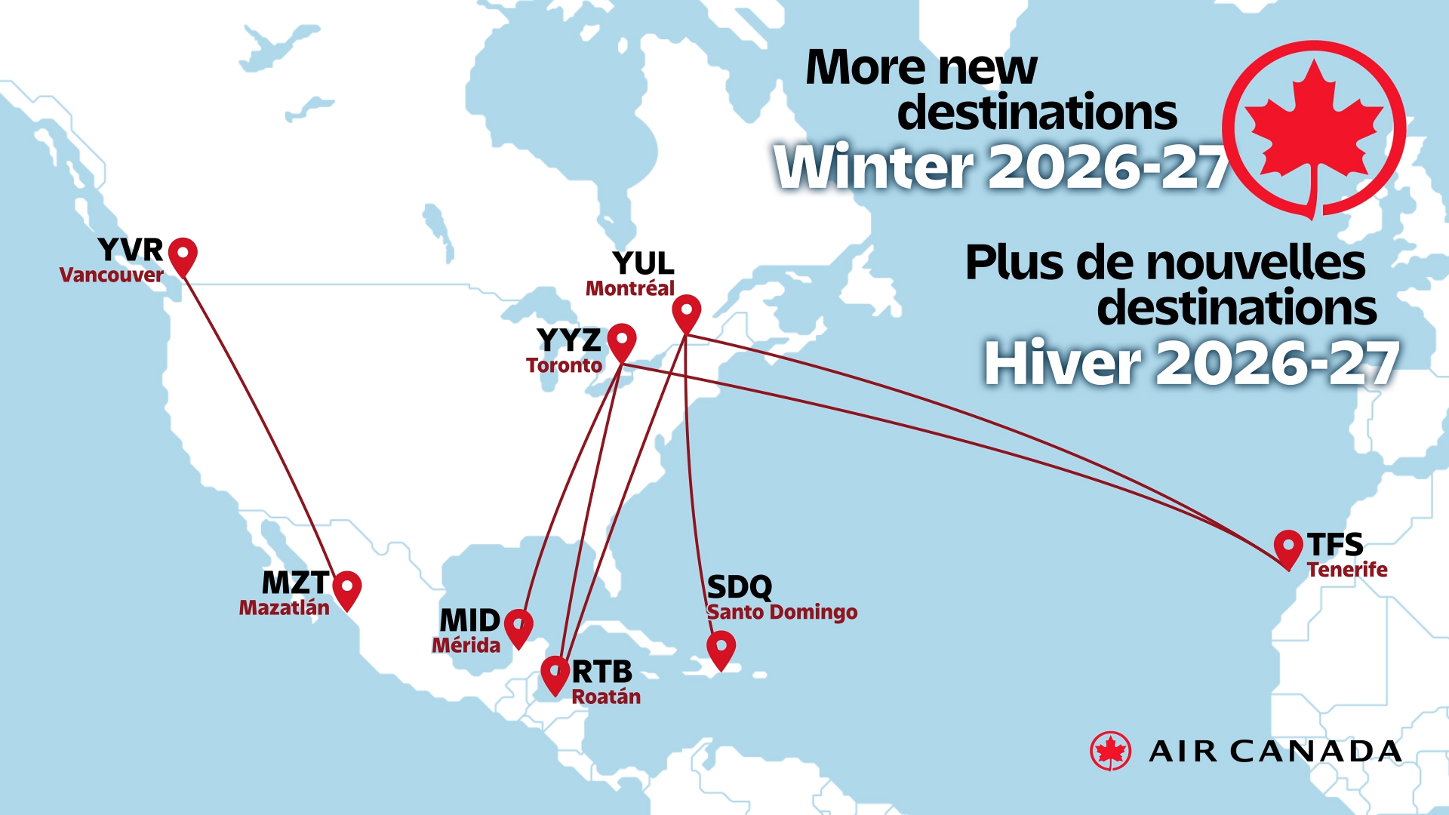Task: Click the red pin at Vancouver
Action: click(x=183, y=254)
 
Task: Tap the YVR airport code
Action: click(x=131, y=250)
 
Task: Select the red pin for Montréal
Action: click(x=687, y=312)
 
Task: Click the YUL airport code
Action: click(x=644, y=263)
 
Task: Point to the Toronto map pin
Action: click(x=622, y=340)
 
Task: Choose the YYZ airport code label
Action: click(x=569, y=340)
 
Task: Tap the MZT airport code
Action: click(x=295, y=583)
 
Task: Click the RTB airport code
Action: click(x=602, y=672)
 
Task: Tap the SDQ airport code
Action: click(x=740, y=587)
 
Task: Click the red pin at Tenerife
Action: click(x=1288, y=546)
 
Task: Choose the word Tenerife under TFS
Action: click(x=1347, y=570)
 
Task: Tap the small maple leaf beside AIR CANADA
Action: click(x=1110, y=751)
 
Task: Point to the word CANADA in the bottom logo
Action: click(x=1316, y=752)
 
